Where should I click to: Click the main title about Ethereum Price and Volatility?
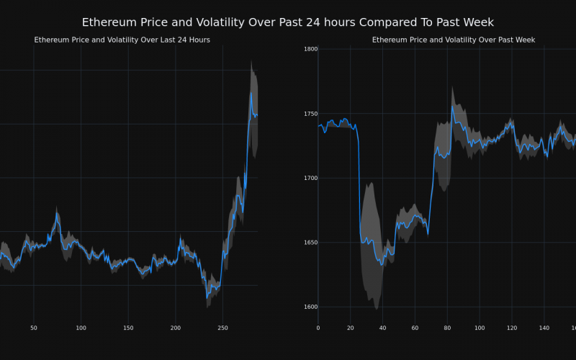pos(288,22)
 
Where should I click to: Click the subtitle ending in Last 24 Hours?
pos(122,40)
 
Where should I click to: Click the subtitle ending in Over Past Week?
pos(454,40)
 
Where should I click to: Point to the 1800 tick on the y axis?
pos(311,49)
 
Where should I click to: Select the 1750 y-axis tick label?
pos(311,114)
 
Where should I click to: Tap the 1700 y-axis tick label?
pos(311,178)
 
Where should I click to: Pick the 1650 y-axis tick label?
pos(311,243)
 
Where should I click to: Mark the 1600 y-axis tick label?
pos(311,307)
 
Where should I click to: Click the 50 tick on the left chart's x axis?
pos(34,328)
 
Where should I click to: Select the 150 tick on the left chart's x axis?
pos(128,328)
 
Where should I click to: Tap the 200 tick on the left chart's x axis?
pos(176,328)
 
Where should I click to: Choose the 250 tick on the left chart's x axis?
pos(222,328)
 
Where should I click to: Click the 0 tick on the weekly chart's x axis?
pos(318,328)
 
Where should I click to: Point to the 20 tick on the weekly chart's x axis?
pos(351,328)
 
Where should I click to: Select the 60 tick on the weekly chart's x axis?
pos(415,328)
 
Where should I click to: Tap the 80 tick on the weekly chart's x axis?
pos(447,328)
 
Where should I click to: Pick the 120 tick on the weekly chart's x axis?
pos(512,328)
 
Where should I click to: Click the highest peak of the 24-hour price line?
pos(251,92)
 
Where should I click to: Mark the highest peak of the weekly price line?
pos(452,107)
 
